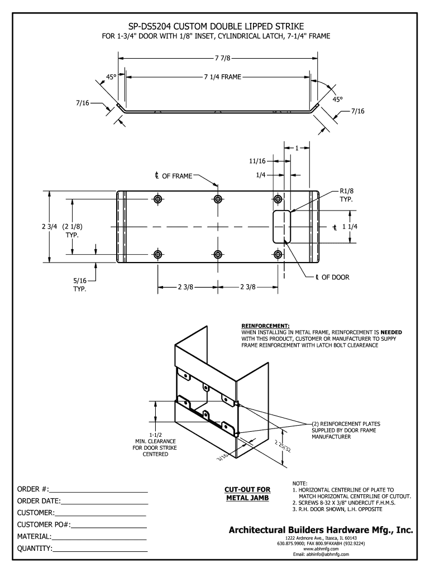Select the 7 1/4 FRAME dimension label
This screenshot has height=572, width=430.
pyautogui.click(x=219, y=77)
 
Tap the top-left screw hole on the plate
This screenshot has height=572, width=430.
pyautogui.click(x=158, y=199)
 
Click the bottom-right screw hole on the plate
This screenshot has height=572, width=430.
pyautogui.click(x=278, y=255)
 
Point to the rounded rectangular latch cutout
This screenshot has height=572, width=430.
pyautogui.click(x=282, y=227)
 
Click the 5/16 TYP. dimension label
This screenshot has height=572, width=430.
pyautogui.click(x=80, y=285)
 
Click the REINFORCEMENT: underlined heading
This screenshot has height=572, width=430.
pyautogui.click(x=265, y=325)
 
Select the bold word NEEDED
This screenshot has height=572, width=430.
pyautogui.click(x=391, y=332)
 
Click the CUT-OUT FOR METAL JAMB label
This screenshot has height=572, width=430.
pyautogui.click(x=247, y=494)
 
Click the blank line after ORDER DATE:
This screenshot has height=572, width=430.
pyautogui.click(x=104, y=501)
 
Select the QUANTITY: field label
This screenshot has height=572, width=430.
pyautogui.click(x=35, y=549)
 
